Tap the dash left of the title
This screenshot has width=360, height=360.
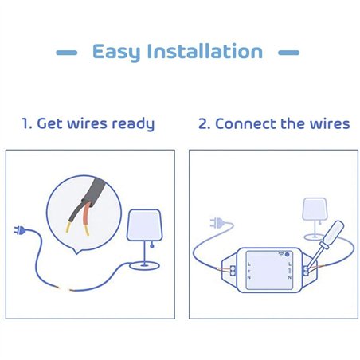pyautogui.click(x=67, y=53)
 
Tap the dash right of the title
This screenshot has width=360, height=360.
pyautogui.click(x=288, y=53)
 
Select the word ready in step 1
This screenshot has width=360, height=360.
pyautogui.click(x=130, y=124)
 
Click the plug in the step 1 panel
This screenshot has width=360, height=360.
pyautogui.click(x=18, y=231)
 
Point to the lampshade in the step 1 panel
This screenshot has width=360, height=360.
pyautogui.click(x=144, y=225)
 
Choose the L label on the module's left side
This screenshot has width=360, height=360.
pyautogui.click(x=248, y=262)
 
